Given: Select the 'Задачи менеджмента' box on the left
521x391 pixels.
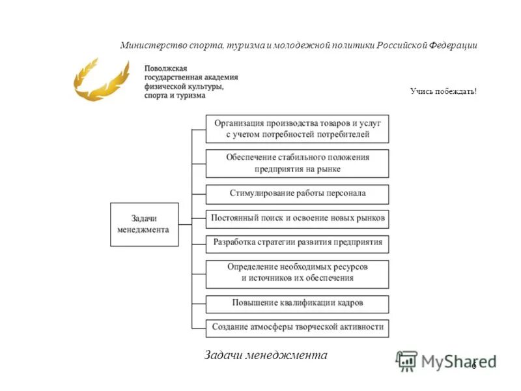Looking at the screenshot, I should click(144, 224).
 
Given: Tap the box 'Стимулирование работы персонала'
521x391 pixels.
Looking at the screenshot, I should click(297, 194).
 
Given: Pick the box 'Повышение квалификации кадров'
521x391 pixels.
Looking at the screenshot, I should click(297, 304).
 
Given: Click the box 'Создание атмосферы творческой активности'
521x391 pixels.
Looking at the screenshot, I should click(297, 327).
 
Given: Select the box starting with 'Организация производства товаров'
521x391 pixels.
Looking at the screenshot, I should click(297, 128).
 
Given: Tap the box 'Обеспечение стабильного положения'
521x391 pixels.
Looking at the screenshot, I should click(297, 163).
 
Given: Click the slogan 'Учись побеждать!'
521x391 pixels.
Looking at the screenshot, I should click(444, 92).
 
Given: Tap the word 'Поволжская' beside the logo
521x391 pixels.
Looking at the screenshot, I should click(166, 68).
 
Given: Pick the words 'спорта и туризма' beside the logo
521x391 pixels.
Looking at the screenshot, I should click(175, 95).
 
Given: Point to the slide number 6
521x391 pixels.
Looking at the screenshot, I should click(474, 365).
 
